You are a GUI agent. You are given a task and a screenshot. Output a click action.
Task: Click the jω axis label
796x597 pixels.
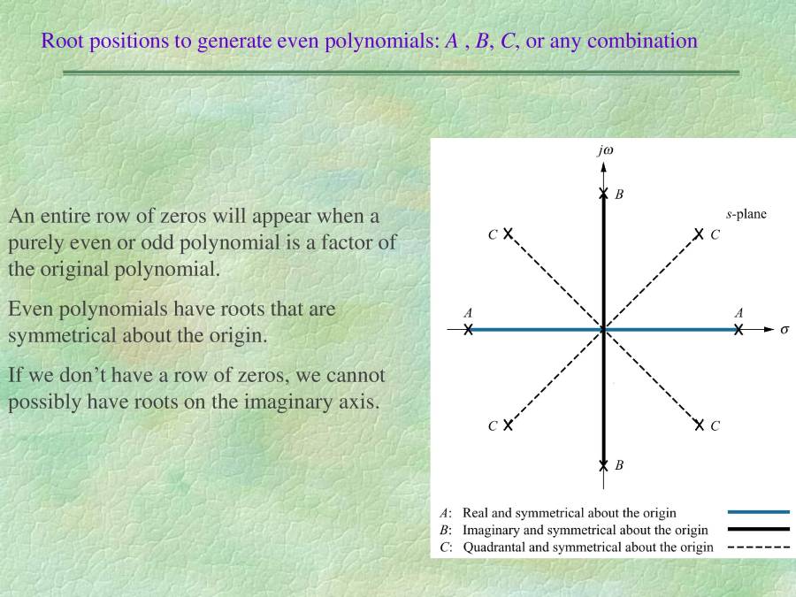coord(606,150)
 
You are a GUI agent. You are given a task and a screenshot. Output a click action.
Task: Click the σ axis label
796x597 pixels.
coord(785,330)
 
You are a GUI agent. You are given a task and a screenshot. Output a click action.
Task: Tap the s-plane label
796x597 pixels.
coord(746,214)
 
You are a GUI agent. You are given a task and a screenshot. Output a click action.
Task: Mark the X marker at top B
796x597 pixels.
coord(603,194)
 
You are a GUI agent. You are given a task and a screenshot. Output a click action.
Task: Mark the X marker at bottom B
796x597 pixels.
coord(603,465)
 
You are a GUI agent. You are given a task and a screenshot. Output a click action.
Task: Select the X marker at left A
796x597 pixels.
coord(468,330)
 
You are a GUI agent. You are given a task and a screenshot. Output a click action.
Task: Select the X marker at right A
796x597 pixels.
coord(739,330)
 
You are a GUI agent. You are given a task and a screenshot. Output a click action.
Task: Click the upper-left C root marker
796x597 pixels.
coord(509,233)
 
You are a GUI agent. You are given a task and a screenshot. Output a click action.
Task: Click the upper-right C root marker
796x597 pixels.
coord(699,233)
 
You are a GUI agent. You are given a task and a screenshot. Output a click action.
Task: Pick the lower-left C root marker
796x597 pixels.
coord(509,425)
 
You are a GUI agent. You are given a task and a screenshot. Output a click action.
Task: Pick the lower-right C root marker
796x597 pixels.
coord(699,425)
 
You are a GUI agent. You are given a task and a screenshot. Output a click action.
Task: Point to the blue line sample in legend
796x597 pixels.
coord(759,512)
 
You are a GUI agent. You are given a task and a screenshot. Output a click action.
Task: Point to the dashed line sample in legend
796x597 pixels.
coord(759,547)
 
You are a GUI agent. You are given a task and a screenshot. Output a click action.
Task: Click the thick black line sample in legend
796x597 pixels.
coord(759,529)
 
